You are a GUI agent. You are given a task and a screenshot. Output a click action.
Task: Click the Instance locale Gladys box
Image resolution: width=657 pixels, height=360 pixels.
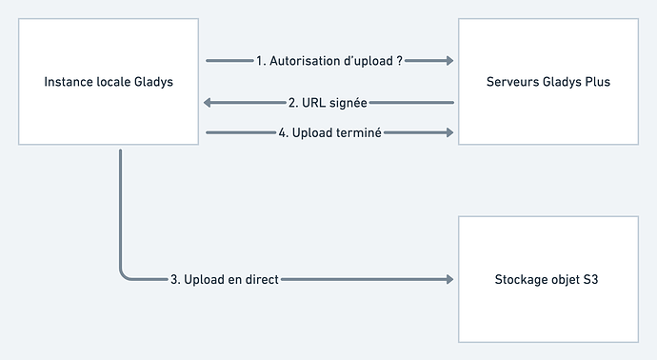point(108,82)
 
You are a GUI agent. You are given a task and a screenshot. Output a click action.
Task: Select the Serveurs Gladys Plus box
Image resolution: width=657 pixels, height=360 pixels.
point(548,82)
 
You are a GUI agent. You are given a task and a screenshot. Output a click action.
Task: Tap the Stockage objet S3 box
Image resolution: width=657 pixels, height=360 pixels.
point(548,279)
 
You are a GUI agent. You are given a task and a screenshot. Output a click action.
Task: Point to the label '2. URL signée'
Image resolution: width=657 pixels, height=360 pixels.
point(328,103)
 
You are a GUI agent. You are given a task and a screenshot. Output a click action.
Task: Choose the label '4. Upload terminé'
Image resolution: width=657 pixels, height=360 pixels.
point(329,133)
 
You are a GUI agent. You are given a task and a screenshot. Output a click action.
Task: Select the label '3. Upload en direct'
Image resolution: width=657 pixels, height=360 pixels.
point(224,280)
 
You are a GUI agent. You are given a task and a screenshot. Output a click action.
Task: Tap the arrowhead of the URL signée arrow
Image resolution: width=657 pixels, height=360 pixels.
point(211,103)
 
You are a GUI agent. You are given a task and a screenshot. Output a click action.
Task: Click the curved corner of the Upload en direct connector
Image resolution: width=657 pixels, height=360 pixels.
point(125,274)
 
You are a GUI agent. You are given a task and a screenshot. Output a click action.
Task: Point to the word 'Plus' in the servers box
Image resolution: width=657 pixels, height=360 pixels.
point(596,82)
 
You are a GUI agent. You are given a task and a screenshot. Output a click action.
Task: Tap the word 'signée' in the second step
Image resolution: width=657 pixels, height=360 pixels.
point(348,103)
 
